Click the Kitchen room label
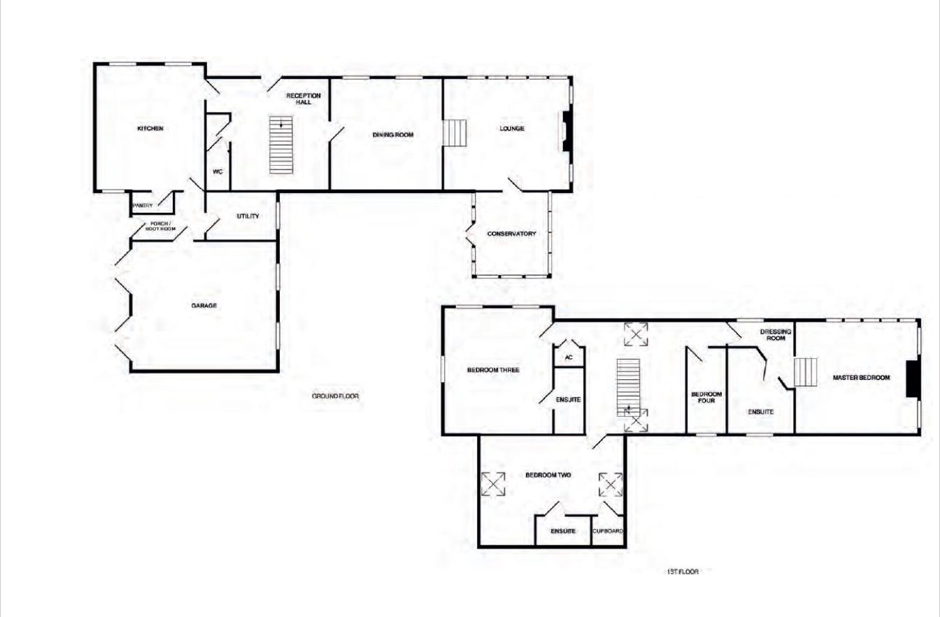coord(150,129)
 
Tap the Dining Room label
coord(393,135)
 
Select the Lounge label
coord(512,129)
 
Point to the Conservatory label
coord(511,234)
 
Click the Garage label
coord(204,306)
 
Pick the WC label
coord(218,171)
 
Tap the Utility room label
coord(248,216)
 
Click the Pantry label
coord(143,206)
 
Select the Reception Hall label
coord(304,99)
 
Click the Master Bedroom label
coord(861,378)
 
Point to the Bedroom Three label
coord(493,370)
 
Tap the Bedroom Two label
coord(548,475)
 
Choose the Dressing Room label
coord(776,334)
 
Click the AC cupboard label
coord(569,357)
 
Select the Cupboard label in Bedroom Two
coord(608,531)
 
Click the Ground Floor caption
coord(335,396)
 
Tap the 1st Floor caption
coord(683,572)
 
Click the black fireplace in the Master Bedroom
coord(912,379)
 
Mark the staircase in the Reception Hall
coord(280,145)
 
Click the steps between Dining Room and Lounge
coord(455,133)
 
